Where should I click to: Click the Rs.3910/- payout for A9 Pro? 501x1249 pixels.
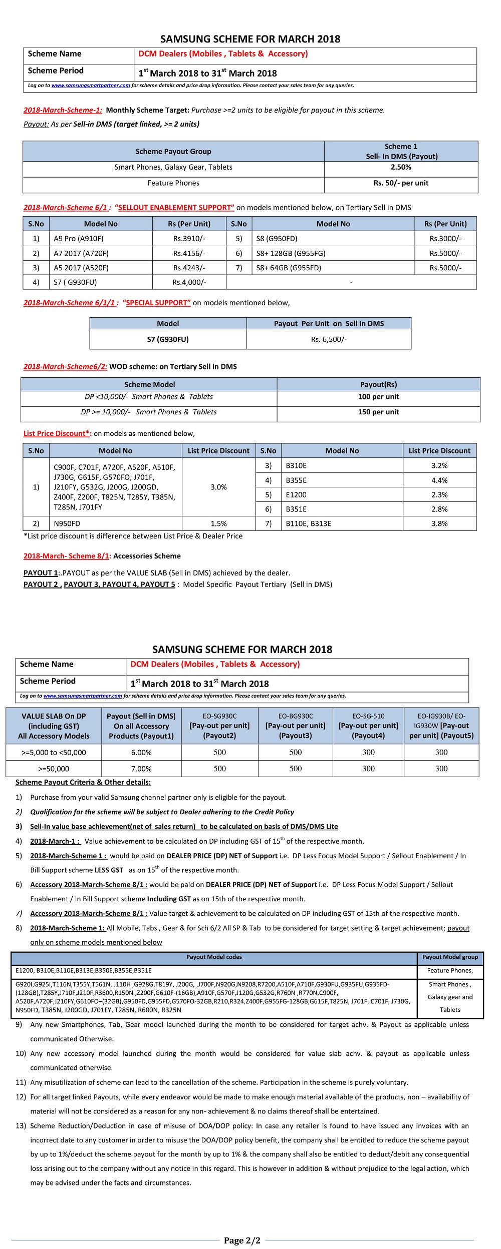pyautogui.click(x=189, y=239)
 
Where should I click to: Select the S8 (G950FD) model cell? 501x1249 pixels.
pyautogui.click(x=277, y=239)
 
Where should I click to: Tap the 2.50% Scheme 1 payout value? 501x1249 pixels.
pyautogui.click(x=401, y=167)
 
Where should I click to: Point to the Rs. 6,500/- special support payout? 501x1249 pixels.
pyautogui.click(x=329, y=339)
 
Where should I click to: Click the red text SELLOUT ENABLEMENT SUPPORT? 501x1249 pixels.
pyautogui.click(x=176, y=208)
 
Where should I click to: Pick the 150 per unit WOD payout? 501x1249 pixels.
pyautogui.click(x=378, y=412)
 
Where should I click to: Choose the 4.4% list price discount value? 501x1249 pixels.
pyautogui.click(x=439, y=480)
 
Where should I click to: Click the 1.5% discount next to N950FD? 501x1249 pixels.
pyautogui.click(x=218, y=523)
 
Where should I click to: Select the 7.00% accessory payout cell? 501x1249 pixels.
pyautogui.click(x=141, y=769)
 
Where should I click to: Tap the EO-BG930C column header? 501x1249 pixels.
pyautogui.click(x=296, y=726)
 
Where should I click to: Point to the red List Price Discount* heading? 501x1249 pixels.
pyautogui.click(x=57, y=433)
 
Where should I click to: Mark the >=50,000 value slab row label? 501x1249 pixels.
pyautogui.click(x=54, y=769)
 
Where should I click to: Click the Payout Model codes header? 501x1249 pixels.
pyautogui.click(x=214, y=957)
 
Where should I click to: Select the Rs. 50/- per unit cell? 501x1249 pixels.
pyautogui.click(x=401, y=183)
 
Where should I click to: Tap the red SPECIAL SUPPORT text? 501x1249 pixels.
pyautogui.click(x=158, y=303)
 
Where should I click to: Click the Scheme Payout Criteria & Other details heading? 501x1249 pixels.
pyautogui.click(x=83, y=782)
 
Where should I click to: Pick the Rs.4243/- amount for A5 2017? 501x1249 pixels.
pyautogui.click(x=189, y=268)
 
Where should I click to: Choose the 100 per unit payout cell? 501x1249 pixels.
pyautogui.click(x=378, y=397)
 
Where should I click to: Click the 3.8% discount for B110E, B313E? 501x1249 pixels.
pyautogui.click(x=439, y=523)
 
